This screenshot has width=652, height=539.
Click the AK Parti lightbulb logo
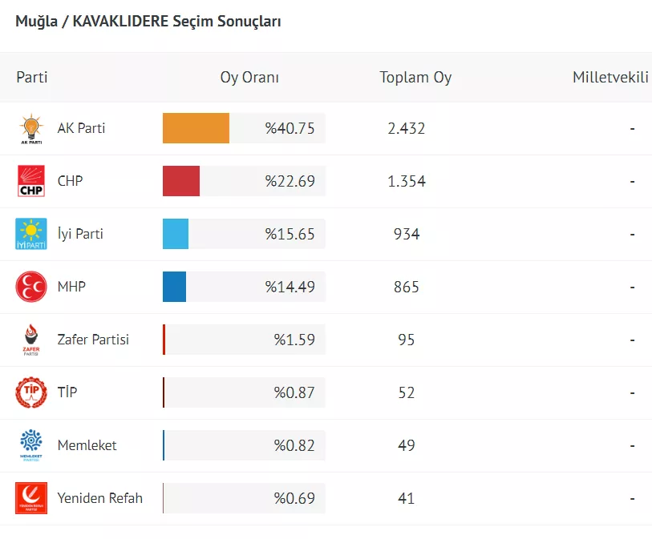(x=31, y=129)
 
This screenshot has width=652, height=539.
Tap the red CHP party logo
(x=31, y=181)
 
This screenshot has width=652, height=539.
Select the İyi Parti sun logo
(x=31, y=234)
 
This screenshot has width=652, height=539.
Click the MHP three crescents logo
(x=31, y=287)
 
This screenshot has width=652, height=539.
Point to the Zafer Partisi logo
(x=31, y=340)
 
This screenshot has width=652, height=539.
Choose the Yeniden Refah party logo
(x=31, y=498)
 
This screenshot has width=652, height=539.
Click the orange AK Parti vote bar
(x=196, y=128)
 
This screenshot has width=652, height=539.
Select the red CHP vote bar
(x=181, y=181)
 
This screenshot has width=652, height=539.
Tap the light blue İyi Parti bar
(x=176, y=234)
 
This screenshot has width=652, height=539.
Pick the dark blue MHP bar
(x=174, y=287)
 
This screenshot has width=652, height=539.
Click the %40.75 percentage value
(x=290, y=128)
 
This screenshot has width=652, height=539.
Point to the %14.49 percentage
(x=290, y=287)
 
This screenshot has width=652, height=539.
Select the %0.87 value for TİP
(x=294, y=392)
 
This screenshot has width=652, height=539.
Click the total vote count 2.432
(x=406, y=128)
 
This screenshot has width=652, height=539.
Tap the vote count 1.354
(x=406, y=181)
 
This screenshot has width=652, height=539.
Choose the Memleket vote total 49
(x=406, y=445)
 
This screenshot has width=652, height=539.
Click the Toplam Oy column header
(x=415, y=78)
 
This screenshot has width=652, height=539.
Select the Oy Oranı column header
(x=249, y=78)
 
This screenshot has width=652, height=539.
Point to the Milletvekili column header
(x=610, y=78)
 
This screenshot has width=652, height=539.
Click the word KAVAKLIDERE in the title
(x=120, y=22)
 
